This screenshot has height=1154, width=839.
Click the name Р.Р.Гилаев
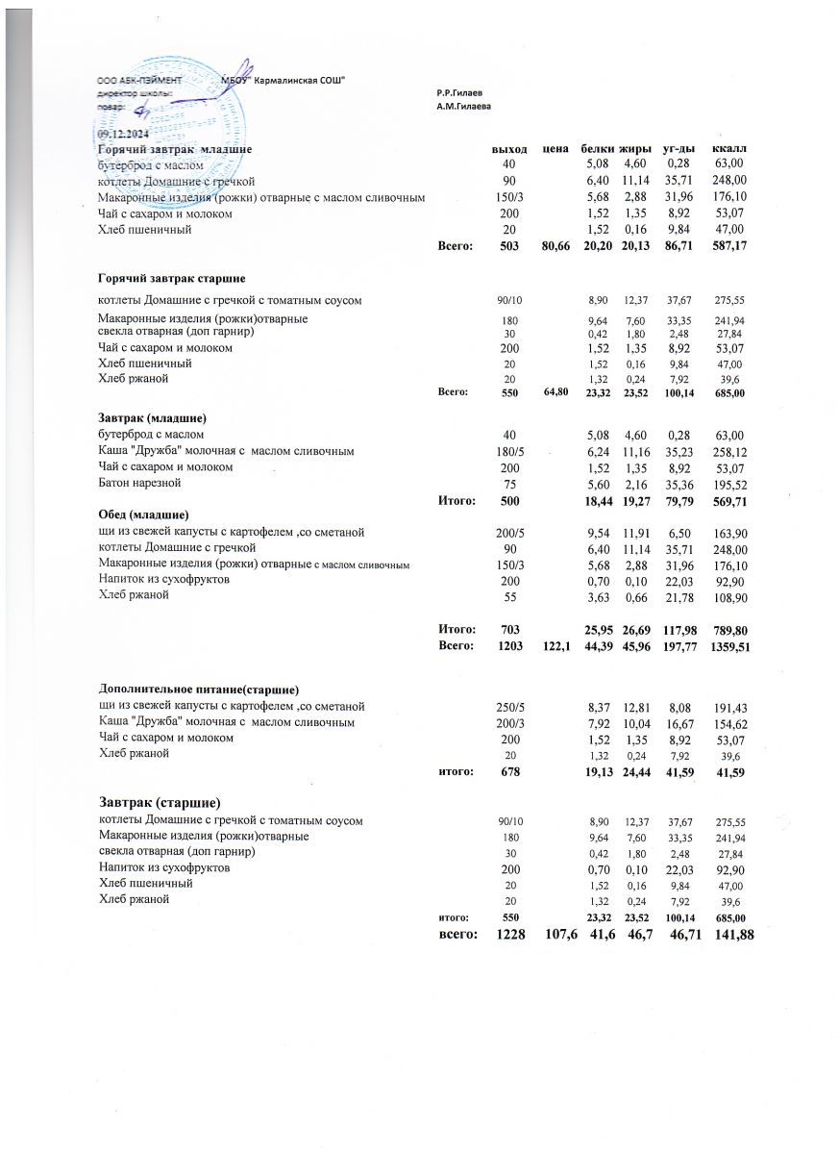point(457,92)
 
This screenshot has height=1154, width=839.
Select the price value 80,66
point(555,247)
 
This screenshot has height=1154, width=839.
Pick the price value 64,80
point(555,392)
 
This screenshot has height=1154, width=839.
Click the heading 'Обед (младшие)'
point(144,514)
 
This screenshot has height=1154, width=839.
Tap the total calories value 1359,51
point(729,647)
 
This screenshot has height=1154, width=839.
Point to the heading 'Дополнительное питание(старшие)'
point(199,690)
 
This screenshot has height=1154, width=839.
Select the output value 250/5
point(508,706)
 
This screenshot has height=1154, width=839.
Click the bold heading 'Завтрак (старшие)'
point(160,803)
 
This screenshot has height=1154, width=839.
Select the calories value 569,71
point(729,499)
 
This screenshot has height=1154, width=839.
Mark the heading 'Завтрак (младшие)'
point(154,419)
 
